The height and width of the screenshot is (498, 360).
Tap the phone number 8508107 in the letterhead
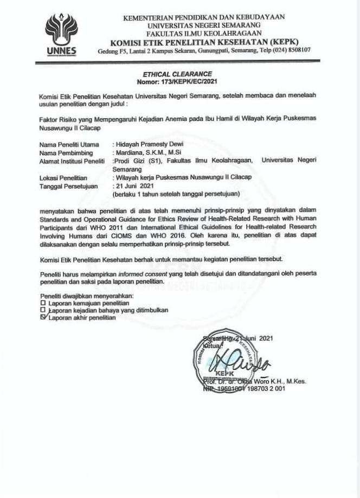[297, 50]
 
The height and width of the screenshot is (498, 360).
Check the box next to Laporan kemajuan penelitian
[43, 303]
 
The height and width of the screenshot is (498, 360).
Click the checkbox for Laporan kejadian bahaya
[43, 310]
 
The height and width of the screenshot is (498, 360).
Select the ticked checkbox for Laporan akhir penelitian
[44, 317]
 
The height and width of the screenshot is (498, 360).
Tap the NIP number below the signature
[251, 389]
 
